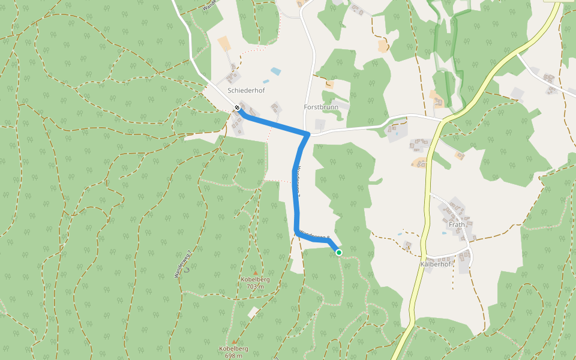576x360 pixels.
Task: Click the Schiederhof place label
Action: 246,91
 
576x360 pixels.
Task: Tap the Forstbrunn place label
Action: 321,107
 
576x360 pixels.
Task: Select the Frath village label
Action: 457,225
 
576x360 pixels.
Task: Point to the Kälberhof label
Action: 436,264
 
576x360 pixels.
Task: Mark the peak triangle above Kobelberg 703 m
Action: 255,273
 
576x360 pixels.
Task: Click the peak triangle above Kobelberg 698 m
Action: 234,342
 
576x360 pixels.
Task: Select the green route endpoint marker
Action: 339,253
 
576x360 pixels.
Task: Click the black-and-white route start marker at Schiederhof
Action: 238,108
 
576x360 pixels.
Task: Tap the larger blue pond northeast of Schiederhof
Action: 275,71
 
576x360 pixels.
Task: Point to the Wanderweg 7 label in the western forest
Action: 183,263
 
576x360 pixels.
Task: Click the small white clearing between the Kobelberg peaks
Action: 253,313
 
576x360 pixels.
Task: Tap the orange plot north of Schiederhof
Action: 224,43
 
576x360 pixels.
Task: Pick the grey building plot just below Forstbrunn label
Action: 320,125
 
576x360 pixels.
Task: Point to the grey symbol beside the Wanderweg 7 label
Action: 187,269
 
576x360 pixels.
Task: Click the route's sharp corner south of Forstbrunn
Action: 308,134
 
